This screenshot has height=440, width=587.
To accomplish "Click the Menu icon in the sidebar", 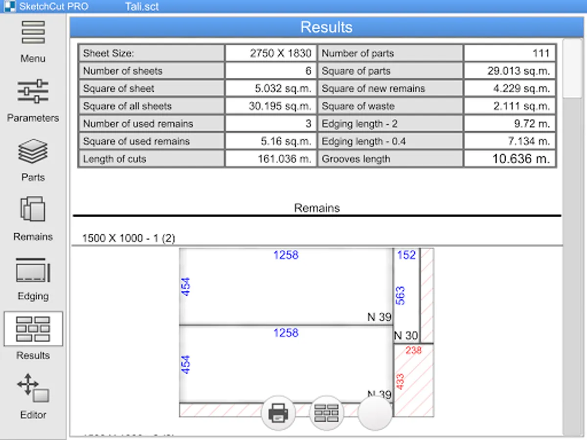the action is point(33,32).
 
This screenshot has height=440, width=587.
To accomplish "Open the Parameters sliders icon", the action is point(33,91).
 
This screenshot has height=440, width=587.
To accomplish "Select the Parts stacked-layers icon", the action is point(33,151).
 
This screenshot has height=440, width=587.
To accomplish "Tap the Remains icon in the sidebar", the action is point(33,209).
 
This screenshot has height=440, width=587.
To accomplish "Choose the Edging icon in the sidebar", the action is point(33,270).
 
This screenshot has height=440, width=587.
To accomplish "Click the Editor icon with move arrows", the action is point(33,388).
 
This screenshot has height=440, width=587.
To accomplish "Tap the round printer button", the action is point(278,413).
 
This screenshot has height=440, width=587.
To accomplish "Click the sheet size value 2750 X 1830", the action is point(280,53).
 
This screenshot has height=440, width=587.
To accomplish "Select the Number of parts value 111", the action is point(541,53).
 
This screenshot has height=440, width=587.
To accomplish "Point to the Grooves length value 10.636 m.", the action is point(521,159).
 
